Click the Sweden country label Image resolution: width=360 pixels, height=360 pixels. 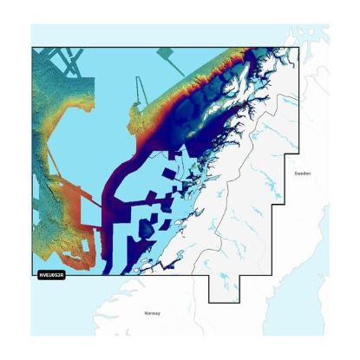coord(302,173)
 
